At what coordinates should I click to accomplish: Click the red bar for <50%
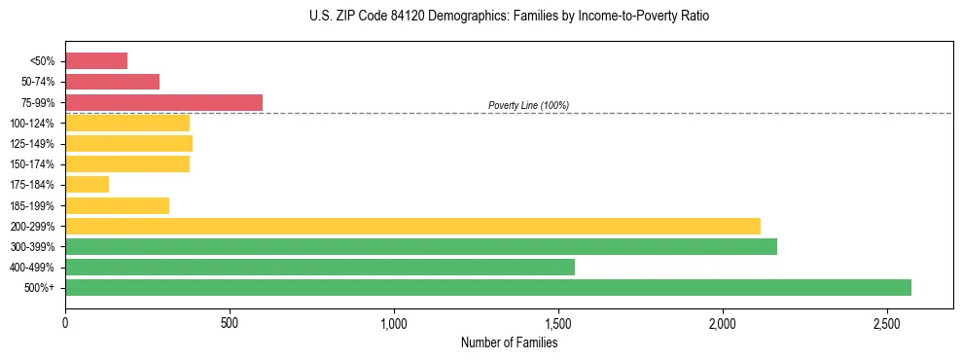(96, 61)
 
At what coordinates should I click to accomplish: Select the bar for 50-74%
(112, 82)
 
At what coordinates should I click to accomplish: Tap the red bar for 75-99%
(163, 102)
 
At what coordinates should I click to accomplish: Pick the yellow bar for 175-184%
(87, 185)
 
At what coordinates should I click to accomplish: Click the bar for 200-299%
(412, 226)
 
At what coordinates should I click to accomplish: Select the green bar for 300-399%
(421, 246)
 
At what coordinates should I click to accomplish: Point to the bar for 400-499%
(320, 267)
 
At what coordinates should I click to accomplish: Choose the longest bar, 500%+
(488, 287)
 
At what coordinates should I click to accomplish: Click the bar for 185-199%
(117, 205)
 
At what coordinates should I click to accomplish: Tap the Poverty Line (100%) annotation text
(528, 105)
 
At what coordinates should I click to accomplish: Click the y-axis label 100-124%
(32, 124)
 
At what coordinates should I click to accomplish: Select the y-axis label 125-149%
(32, 144)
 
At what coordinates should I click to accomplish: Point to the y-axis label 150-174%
(32, 164)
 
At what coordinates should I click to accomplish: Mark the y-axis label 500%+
(40, 288)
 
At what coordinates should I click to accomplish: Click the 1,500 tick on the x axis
(558, 322)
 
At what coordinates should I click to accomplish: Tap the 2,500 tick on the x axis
(887, 322)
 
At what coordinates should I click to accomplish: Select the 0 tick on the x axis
(65, 322)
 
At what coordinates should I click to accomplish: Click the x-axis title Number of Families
(509, 342)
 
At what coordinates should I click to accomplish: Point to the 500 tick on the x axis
(230, 322)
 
